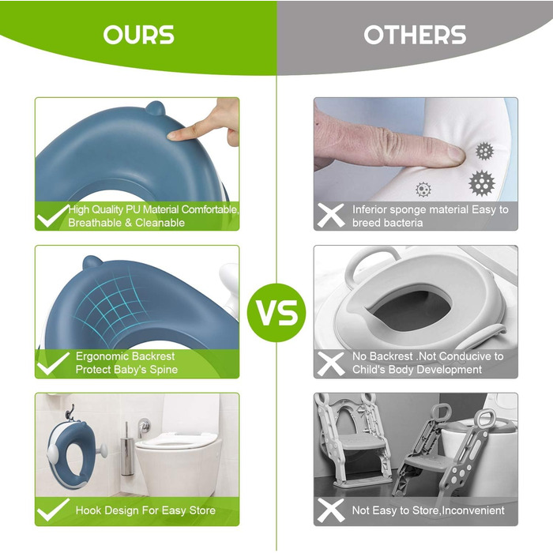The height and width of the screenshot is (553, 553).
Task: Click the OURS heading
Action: (138, 35)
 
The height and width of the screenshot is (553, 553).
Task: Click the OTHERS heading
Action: (415, 35)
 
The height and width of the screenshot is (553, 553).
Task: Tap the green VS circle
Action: (276, 313)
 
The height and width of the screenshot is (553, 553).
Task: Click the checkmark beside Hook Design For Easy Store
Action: (53, 510)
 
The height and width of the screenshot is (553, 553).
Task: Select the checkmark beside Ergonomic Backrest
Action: (53, 363)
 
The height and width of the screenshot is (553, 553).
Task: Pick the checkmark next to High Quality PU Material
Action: (53, 216)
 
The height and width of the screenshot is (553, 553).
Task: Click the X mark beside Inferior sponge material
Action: (330, 216)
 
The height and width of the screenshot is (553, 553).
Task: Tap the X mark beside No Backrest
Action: (330, 363)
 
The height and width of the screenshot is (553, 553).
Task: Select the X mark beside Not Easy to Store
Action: (330, 510)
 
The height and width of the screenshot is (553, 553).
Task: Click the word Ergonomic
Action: (100, 356)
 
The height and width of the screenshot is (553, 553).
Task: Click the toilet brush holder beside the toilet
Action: (127, 450)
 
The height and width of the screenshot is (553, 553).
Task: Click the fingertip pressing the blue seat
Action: (175, 134)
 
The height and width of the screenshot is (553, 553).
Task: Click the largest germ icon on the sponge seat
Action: (482, 183)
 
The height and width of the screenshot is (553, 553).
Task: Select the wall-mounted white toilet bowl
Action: (176, 462)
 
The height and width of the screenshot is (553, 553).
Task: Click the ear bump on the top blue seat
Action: (156, 108)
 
